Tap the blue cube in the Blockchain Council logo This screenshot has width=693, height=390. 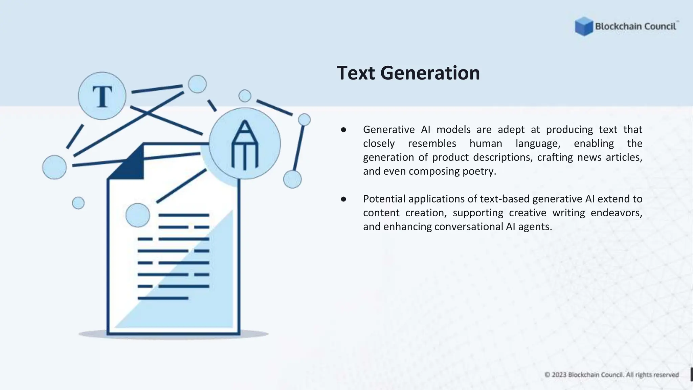click(x=584, y=26)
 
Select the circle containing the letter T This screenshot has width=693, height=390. click(x=102, y=96)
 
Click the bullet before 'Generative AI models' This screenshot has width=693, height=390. click(x=343, y=130)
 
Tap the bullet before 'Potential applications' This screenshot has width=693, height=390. click(x=343, y=199)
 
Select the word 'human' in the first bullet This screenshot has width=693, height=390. click(x=486, y=144)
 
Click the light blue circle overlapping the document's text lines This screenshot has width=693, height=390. click(x=138, y=215)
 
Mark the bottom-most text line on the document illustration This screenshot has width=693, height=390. click(x=163, y=298)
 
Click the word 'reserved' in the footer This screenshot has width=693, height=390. click(x=666, y=375)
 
